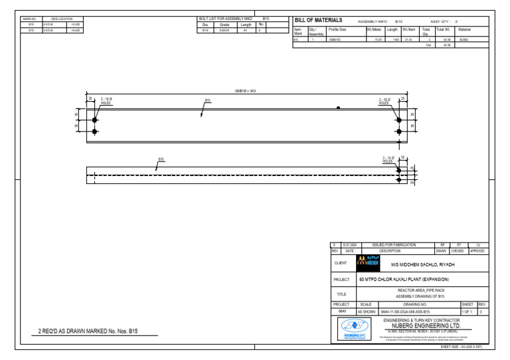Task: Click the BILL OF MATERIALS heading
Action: [x=319, y=21]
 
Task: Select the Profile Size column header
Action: [x=337, y=30]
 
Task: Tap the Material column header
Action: [x=464, y=30]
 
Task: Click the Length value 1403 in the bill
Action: [x=395, y=39]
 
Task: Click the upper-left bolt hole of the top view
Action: [x=95, y=120]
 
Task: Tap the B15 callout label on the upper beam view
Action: [x=207, y=101]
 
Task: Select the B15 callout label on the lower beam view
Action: [x=161, y=159]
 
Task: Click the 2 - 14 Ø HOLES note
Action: [x=389, y=160]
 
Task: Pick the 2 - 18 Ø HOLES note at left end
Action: [x=106, y=102]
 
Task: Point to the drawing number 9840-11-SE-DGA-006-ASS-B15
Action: [x=405, y=311]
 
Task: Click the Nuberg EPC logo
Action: [x=353, y=329]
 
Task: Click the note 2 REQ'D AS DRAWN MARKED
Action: [x=88, y=330]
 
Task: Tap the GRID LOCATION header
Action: [x=62, y=19]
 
